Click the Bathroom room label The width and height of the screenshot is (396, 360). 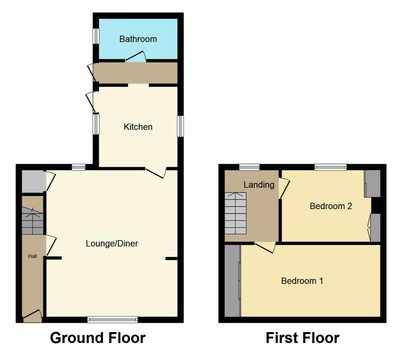(138, 39)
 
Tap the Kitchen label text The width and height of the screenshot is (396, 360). (138, 127)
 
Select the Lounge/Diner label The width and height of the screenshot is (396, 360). (112, 244)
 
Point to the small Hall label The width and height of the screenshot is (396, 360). (32, 256)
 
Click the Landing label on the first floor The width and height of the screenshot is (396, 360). (259, 185)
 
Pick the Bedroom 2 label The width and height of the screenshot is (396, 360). (331, 206)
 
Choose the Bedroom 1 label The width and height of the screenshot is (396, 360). (302, 281)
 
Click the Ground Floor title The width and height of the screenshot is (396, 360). (98, 338)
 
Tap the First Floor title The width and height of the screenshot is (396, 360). (302, 338)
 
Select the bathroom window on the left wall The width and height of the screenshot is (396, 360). (96, 36)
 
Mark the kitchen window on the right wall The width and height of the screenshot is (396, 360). (180, 126)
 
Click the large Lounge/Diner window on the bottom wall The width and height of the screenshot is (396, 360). (113, 320)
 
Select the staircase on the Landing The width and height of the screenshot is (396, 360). (236, 213)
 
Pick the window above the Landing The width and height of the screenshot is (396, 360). (249, 167)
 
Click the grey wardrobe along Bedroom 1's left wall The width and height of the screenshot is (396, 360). (232, 280)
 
